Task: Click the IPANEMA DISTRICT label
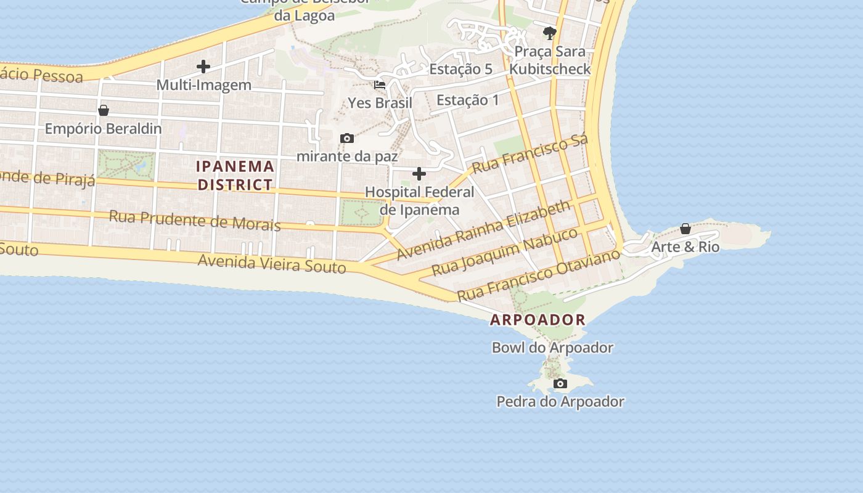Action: (234, 175)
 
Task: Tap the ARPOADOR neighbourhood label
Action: (538, 320)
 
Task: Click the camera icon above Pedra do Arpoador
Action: (560, 384)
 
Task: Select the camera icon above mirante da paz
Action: (347, 138)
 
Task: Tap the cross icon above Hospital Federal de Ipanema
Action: (419, 174)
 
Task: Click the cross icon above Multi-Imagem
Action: (203, 66)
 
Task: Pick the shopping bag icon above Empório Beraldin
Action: (103, 110)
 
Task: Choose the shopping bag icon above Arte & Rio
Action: (685, 229)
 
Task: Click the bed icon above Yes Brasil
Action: (380, 84)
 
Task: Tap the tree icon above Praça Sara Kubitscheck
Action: (549, 33)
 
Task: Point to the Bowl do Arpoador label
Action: (552, 348)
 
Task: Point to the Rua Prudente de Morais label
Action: (195, 220)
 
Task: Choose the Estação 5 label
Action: (460, 69)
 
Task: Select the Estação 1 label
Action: (467, 100)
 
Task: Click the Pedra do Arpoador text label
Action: (560, 402)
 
